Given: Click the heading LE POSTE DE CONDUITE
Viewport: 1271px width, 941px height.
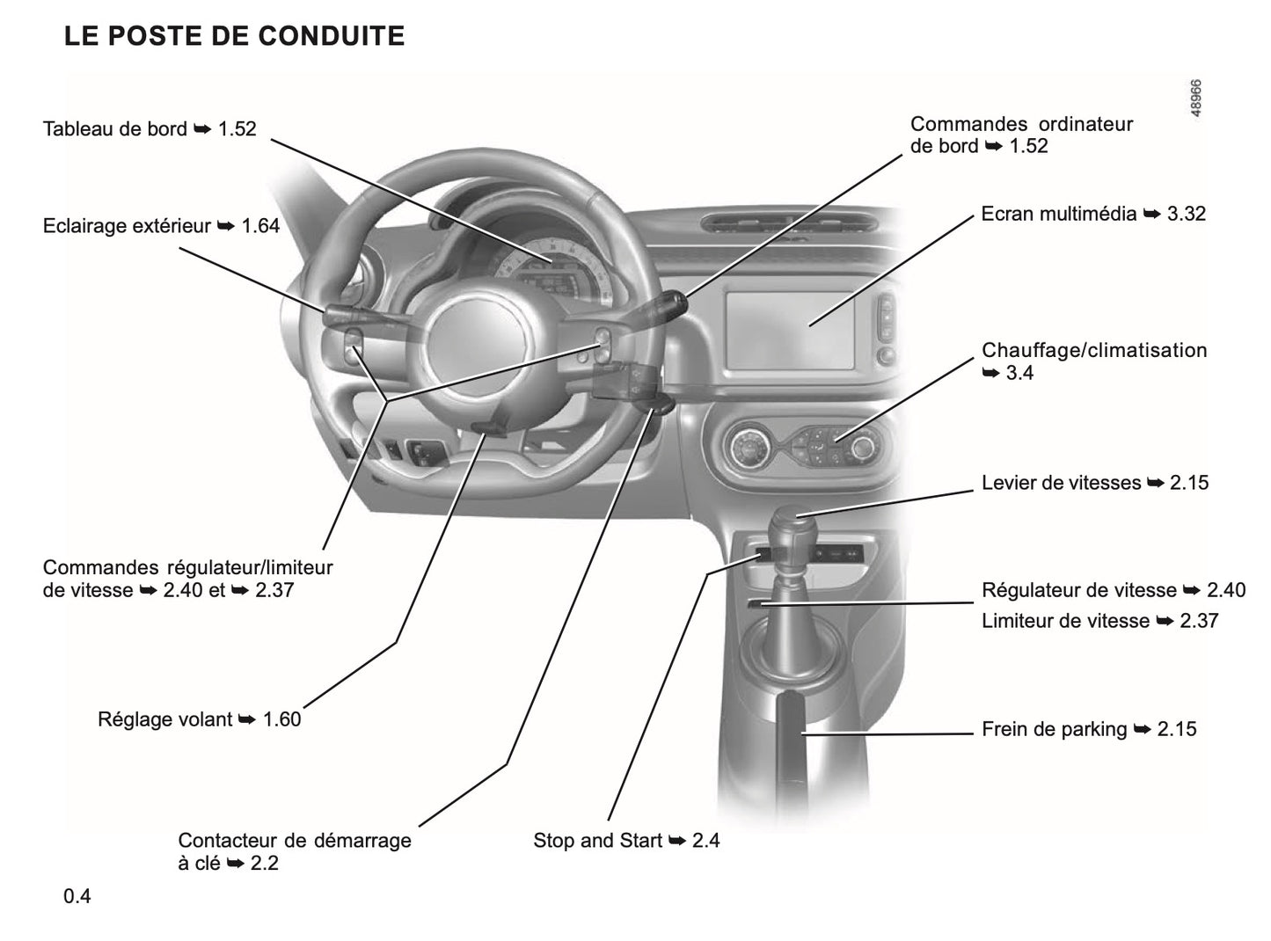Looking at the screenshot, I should [x=234, y=36].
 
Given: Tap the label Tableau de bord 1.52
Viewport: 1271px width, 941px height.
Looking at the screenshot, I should [x=150, y=129].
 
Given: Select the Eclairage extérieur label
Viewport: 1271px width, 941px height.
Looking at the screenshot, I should [x=161, y=226].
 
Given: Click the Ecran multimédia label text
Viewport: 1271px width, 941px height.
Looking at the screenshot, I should [x=1092, y=214].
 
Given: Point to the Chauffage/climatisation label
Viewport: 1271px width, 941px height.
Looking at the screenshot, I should [x=1093, y=351].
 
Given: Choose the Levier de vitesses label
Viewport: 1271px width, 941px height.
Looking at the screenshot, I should [x=1094, y=483].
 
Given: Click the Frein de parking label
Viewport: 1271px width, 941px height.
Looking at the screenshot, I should [x=1088, y=729].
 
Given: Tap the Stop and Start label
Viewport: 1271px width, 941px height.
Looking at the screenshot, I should [x=625, y=841].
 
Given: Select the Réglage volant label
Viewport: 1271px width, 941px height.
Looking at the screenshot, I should [x=199, y=719].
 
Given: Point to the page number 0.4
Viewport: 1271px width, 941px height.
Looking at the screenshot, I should [x=77, y=897].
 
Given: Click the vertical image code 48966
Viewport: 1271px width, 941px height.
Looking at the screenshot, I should [x=1196, y=98].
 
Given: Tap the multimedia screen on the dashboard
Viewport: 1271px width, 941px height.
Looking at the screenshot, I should [x=789, y=329].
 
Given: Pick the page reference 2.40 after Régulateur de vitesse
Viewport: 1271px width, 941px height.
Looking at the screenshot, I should [x=1226, y=590].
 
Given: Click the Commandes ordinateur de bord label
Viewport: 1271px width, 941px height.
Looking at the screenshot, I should [x=1020, y=135].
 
